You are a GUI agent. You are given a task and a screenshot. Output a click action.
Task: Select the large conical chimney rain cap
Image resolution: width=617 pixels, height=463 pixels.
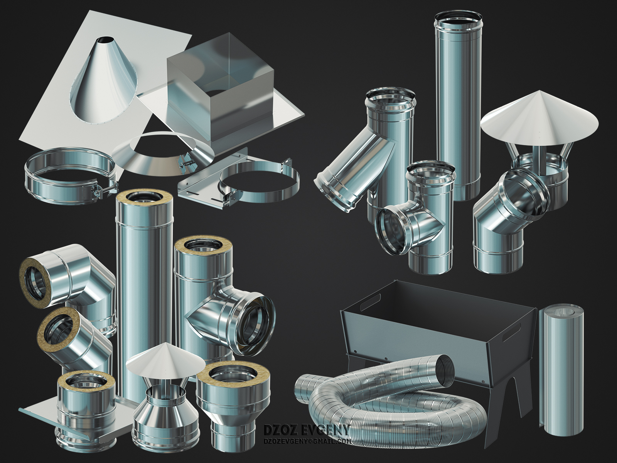click(x=539, y=115)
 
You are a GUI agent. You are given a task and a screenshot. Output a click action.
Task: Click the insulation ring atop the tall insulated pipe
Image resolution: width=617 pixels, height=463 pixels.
click(x=144, y=198)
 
